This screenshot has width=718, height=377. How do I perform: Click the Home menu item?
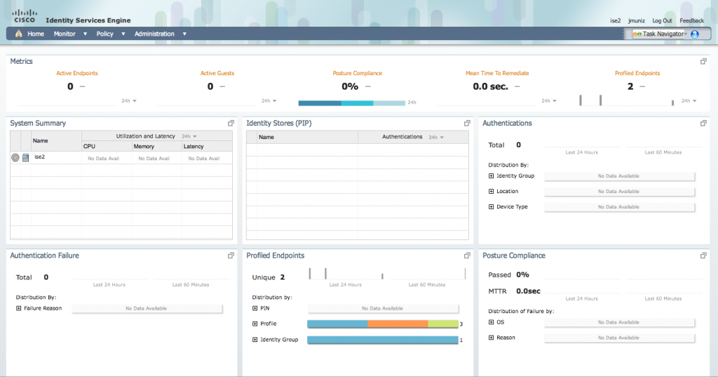(x=35, y=34)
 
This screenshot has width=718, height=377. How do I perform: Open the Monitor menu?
(x=65, y=34)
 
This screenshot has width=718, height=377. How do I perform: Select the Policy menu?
(x=105, y=34)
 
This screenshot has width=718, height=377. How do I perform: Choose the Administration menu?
(x=154, y=34)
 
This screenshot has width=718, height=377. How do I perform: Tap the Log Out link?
(x=662, y=21)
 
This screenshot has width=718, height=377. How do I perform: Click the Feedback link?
(x=691, y=21)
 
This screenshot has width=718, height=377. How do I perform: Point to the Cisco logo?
(x=25, y=16)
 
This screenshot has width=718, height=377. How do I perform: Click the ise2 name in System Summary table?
(x=40, y=157)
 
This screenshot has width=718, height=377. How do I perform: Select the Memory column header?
(x=144, y=147)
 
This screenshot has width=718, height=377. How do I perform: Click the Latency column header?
(x=194, y=147)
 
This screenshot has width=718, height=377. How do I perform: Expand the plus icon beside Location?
(x=491, y=191)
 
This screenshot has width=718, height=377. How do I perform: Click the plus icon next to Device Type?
(x=491, y=207)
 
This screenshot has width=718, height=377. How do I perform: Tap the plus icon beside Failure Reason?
(x=18, y=308)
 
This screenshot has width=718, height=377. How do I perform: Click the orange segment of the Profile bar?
(x=398, y=324)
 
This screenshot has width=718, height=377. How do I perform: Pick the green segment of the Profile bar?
(x=442, y=324)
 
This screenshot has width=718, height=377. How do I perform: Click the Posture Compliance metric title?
(x=358, y=73)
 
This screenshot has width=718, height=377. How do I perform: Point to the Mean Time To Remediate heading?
(x=497, y=73)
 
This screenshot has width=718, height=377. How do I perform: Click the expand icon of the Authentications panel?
(x=703, y=123)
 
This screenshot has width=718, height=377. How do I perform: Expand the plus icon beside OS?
(x=491, y=322)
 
